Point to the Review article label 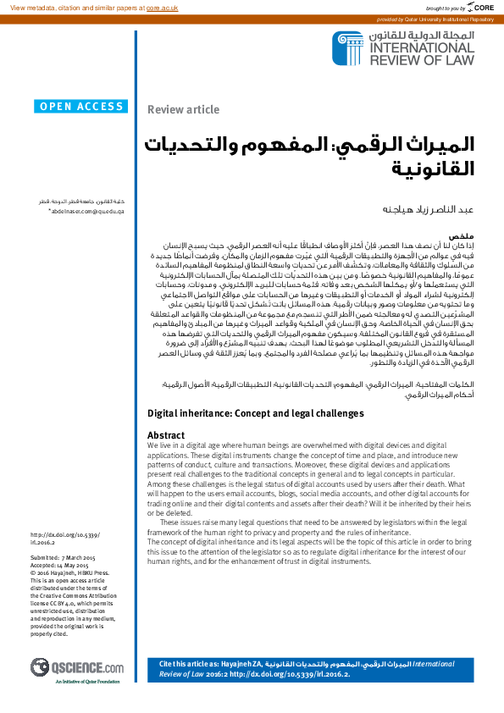pyautogui.click(x=183, y=109)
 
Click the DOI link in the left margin pyautogui.click(x=64, y=538)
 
